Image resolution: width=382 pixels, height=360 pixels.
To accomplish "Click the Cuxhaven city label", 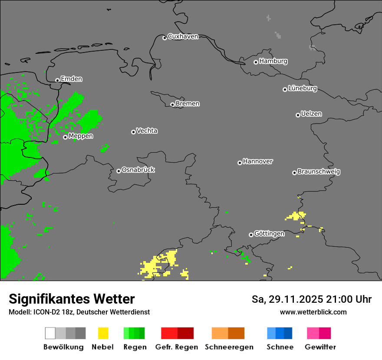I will point(183,36).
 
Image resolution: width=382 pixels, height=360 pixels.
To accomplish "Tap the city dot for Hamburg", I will point(256,62).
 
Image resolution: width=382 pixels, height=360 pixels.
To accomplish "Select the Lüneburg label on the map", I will point(303,88).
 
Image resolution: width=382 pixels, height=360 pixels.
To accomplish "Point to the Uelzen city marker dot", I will point(298,115).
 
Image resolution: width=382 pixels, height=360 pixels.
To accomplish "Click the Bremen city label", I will point(188,104).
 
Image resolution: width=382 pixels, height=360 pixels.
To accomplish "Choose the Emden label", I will point(71,79).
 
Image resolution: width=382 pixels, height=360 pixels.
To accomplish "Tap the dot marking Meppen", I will point(65,137).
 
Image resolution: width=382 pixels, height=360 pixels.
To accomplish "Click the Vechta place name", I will point(147,131).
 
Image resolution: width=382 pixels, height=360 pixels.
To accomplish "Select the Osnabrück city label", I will point(138,170).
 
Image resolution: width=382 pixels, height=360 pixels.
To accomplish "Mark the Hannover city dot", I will point(240,163).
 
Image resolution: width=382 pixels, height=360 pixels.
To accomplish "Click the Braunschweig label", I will point(319,171).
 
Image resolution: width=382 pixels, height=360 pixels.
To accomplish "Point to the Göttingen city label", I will point(269,233).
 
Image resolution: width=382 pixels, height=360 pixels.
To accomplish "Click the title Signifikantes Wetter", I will point(72,299).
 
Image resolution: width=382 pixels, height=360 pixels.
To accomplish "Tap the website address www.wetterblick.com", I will point(313,312).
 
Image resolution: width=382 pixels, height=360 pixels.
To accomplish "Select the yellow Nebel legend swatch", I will point(103,333).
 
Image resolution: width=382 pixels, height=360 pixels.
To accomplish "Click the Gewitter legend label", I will point(320,347).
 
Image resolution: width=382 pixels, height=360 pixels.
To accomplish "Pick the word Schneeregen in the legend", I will point(229,347).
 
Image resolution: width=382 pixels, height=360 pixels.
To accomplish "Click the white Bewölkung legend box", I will point(50,333).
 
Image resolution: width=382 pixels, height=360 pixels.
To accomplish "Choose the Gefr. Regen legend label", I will point(177,347).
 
